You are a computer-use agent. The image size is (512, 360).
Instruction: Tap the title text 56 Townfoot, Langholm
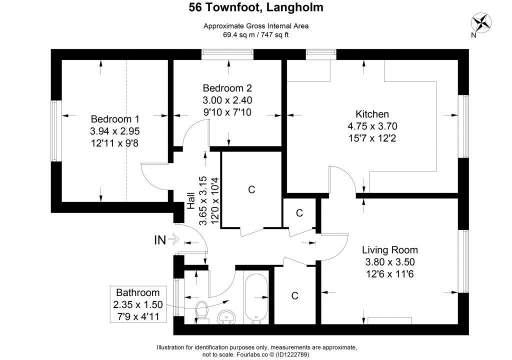point(255,7)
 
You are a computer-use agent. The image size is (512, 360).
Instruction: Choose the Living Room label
point(390,250)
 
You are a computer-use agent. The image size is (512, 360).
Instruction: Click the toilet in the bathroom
point(202,310)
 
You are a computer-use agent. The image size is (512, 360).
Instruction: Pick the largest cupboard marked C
point(251,189)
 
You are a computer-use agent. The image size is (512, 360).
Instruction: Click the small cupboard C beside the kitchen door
point(299,213)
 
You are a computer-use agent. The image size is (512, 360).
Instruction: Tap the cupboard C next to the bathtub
point(294,296)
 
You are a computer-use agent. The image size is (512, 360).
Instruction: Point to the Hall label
point(190,200)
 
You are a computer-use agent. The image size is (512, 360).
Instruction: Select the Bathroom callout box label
point(137,293)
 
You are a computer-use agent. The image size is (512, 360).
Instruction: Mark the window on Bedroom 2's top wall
point(228,54)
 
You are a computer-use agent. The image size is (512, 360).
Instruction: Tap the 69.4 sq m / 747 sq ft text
point(256,35)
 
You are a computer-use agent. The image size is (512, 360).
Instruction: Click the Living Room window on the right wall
point(464,261)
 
